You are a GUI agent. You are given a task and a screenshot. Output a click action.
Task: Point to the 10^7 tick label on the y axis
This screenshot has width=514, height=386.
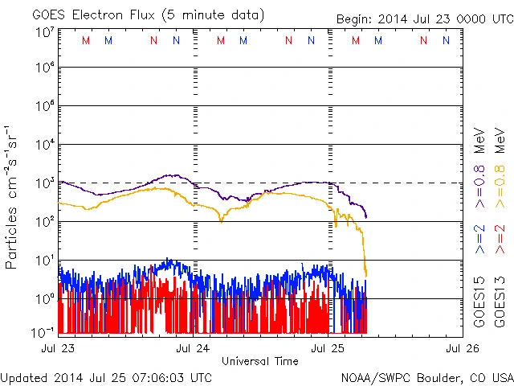(45, 33)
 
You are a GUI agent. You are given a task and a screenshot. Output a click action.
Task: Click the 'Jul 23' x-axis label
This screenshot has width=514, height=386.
(58, 349)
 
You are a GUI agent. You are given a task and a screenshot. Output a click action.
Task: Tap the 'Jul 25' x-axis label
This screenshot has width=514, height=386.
(327, 349)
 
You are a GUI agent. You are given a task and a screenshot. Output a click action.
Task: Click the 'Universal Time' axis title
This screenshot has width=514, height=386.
(259, 361)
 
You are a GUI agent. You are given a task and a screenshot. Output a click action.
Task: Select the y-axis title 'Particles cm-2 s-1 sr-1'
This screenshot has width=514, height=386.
(13, 197)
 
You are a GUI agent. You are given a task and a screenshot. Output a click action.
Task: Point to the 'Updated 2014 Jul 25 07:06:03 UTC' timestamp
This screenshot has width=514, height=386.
(107, 377)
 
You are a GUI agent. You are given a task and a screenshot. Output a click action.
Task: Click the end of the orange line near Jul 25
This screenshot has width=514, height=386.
(366, 276)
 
